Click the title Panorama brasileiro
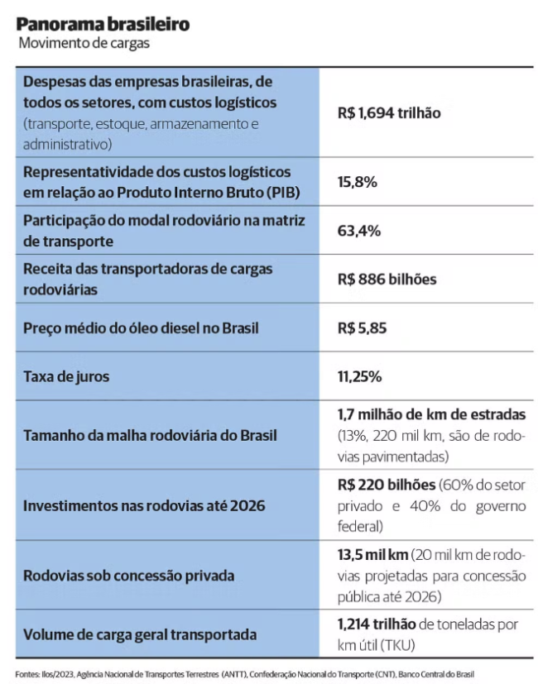coord(102,25)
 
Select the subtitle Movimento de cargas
coord(83,44)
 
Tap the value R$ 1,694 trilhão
coord(389,113)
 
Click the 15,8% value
coord(358,182)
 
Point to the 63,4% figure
coord(359,231)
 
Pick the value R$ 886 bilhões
coord(387,279)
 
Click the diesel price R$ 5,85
coord(363,328)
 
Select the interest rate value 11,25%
coord(359,376)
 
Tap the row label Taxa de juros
coord(66,376)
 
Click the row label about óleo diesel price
coord(141,328)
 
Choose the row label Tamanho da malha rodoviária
coord(150,435)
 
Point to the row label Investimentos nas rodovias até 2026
coord(144,505)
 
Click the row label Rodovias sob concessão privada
coord(128,575)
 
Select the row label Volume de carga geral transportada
coord(140,635)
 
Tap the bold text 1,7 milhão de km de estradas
coord(431,414)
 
